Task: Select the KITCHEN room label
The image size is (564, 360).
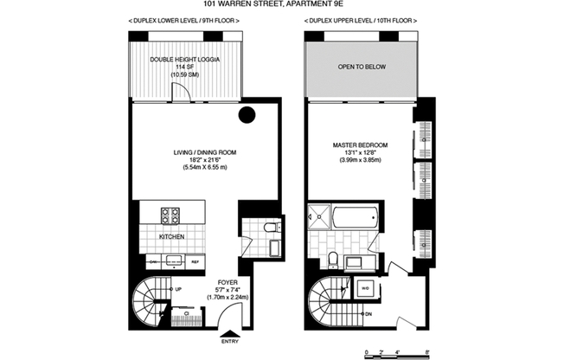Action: pos(170,236)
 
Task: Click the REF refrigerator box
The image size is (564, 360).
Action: pos(195,260)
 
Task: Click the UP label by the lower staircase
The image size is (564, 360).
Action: pos(177,288)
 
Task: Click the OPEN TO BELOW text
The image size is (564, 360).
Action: pos(360,66)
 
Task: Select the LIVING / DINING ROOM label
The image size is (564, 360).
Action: pos(204,152)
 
